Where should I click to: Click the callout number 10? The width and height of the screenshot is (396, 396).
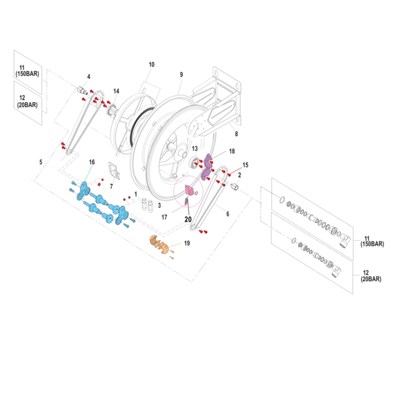coord(151,65)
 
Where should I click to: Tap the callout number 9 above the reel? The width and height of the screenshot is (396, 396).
coord(181,75)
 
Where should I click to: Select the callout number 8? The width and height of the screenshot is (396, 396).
coord(236,134)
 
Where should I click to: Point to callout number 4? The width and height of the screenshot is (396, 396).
coord(88,77)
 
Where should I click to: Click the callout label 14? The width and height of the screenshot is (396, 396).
coord(116,91)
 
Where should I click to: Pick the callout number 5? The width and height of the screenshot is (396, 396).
coord(40,162)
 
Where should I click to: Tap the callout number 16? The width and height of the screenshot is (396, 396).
coord(91,163)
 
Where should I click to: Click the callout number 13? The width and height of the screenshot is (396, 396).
coord(195,148)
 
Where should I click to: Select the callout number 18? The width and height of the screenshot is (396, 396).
coord(232,151)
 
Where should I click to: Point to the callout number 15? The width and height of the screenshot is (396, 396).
coord(245,165)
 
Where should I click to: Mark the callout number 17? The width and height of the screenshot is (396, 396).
coord(164,217)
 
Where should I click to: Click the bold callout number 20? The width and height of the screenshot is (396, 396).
coord(188,218)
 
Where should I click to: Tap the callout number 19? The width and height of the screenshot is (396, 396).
coord(187,243)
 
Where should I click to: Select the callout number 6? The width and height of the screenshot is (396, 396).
coord(227,214)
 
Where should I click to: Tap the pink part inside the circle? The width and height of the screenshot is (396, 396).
coord(189,190)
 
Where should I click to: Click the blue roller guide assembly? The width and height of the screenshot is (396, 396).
coord(102,204)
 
